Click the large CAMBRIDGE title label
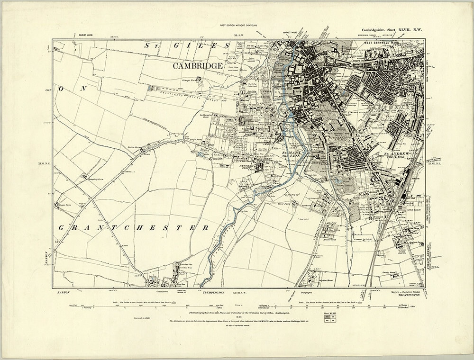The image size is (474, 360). [x=198, y=66]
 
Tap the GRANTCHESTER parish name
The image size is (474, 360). [x=134, y=228]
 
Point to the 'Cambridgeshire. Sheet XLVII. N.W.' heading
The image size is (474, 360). [x=391, y=30]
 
